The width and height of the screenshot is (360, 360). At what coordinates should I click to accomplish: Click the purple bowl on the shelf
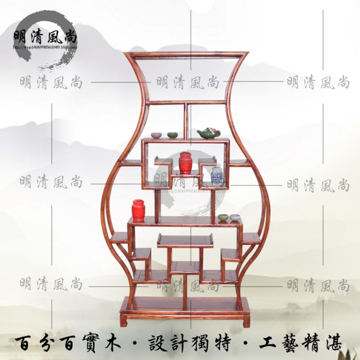coord(156,136)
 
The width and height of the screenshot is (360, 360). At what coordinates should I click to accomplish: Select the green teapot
coord(208,132)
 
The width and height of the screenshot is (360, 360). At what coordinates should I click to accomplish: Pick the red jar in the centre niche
coord(186,163)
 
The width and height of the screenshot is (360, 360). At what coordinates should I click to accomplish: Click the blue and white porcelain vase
coord(216,176)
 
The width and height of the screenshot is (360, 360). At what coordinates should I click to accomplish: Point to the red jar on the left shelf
coord(139,210)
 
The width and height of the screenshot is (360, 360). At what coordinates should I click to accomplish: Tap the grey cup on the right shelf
coord(235,217)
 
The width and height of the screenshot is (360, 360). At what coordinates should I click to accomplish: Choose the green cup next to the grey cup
coord(223,217)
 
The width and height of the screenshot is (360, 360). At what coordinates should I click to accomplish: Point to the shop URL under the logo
coord(46,48)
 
